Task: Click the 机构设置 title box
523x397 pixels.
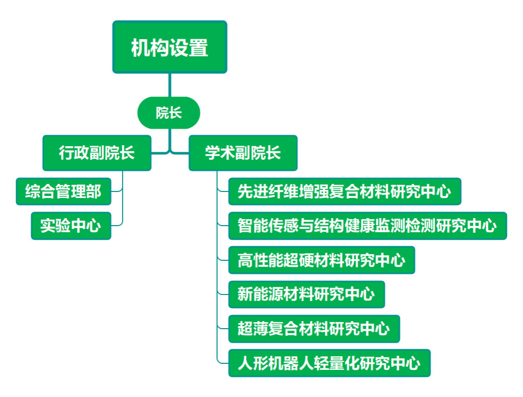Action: tap(169, 47)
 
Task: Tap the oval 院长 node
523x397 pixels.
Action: tap(168, 113)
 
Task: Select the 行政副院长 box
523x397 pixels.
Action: tap(97, 153)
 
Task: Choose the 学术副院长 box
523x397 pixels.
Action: tap(243, 153)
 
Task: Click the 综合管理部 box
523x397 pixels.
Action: tap(63, 191)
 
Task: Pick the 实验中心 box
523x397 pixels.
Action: tap(70, 226)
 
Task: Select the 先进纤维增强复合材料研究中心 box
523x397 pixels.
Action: tap(344, 191)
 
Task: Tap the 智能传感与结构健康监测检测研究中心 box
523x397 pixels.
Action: tap(367, 226)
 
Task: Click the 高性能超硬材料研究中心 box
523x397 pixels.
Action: tap(321, 260)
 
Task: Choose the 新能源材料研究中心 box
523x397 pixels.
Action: tap(306, 294)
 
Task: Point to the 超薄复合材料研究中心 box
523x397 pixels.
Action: tap(314, 329)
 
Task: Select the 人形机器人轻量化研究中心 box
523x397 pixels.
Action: tap(329, 363)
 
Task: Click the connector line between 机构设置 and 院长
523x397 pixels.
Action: tap(170, 85)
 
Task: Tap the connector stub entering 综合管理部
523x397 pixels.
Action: tap(117, 191)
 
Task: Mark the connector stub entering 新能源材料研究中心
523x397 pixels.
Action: tap(223, 294)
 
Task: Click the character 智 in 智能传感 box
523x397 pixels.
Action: tap(245, 226)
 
